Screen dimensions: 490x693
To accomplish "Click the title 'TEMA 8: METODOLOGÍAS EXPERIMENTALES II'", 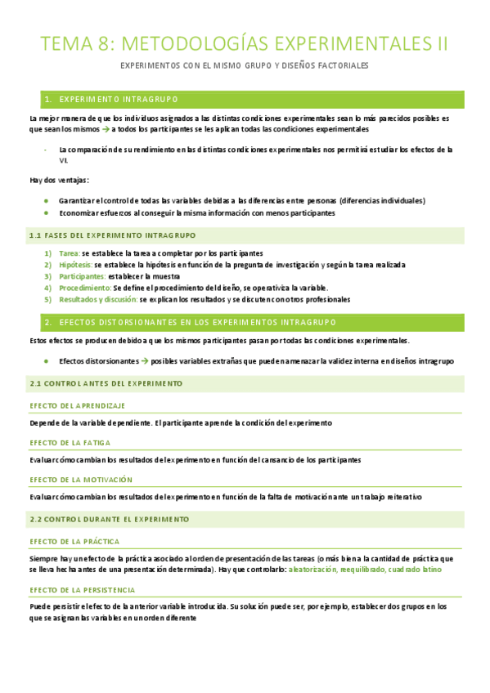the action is click(245, 43).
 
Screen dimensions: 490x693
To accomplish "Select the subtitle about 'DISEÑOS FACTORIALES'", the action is click(245, 65).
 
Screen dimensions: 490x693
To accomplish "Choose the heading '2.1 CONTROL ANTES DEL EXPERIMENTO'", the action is click(106, 383).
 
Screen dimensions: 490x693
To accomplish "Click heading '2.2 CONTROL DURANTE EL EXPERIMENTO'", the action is click(109, 519).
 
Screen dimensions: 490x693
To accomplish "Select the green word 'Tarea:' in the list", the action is click(70, 253).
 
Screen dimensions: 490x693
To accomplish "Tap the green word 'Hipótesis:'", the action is click(76, 265).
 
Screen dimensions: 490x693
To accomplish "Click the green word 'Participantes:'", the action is click(82, 276).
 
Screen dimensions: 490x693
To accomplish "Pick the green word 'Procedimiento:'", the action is click(84, 288).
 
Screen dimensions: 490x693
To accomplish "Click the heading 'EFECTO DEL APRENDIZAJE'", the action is click(77, 406).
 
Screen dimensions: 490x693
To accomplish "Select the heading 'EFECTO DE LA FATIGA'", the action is click(70, 443).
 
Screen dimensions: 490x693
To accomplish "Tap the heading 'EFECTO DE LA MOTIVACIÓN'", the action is click(80, 480).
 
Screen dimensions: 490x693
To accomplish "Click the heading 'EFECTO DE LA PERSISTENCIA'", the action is click(83, 589).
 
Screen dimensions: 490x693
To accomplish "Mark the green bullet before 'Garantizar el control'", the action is click(47, 200).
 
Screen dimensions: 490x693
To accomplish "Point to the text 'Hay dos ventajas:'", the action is click(59, 180).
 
